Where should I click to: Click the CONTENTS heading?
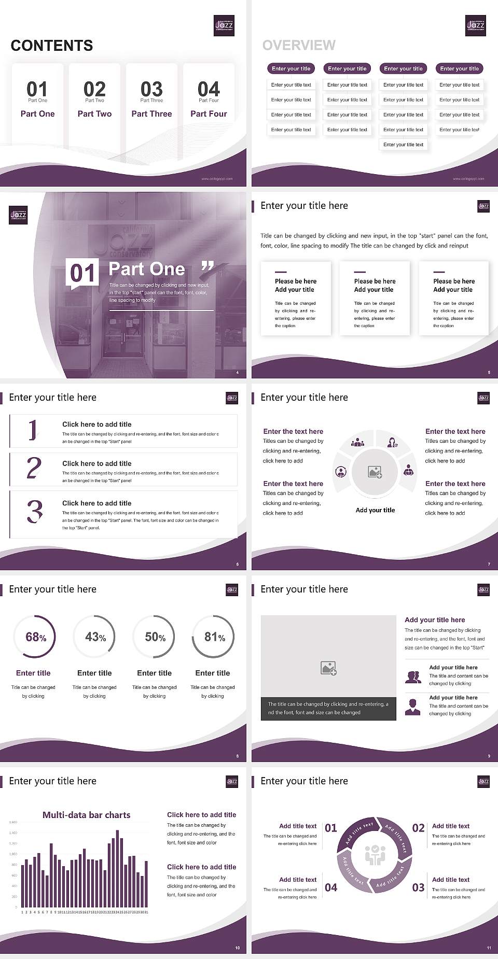coord(52,46)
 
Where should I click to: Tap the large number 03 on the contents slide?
coord(151,89)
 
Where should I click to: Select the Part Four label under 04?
coord(209,114)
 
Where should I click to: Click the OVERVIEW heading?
coord(299,46)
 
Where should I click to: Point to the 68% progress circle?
coord(34,637)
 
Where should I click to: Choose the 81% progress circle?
coord(213,637)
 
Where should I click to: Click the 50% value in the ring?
coord(155,637)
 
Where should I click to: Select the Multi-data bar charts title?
coord(87,815)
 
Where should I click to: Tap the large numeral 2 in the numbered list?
coord(34,468)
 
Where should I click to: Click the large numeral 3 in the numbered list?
coord(35,512)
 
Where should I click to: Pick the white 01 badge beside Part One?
coord(83,273)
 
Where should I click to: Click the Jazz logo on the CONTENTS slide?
coord(224,25)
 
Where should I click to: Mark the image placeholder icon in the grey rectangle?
coord(328,668)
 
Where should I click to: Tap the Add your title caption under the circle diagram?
coord(375,510)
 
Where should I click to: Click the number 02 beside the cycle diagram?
coord(418,828)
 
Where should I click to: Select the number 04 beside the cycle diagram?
coord(331,887)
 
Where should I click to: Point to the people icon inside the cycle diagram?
coord(375,855)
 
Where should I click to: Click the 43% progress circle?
coord(94,637)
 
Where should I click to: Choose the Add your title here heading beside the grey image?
coord(435,619)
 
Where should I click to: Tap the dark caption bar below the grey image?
coord(328,708)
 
